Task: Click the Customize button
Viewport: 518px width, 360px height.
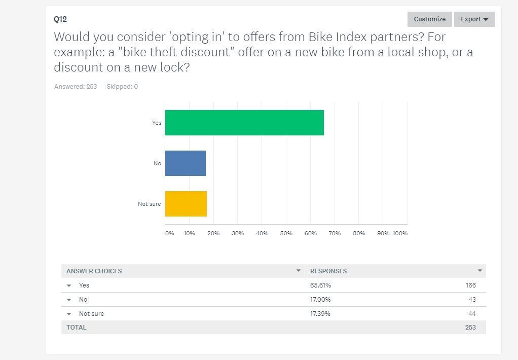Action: pyautogui.click(x=429, y=19)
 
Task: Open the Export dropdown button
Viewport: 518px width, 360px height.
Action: pyautogui.click(x=474, y=19)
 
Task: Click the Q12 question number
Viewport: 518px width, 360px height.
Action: pyautogui.click(x=60, y=19)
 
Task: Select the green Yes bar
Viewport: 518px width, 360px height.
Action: pyautogui.click(x=244, y=123)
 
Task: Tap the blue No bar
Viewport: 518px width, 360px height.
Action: pyautogui.click(x=186, y=163)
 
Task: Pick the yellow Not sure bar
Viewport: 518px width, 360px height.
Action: pyautogui.click(x=186, y=204)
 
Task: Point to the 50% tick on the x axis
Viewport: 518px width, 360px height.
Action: pyautogui.click(x=286, y=233)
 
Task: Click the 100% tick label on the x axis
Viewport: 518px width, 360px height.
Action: pyautogui.click(x=400, y=233)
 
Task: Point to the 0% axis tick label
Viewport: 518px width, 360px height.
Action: pyautogui.click(x=170, y=233)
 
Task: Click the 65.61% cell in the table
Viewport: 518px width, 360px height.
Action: pyautogui.click(x=320, y=285)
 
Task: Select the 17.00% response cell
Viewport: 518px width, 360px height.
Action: pyautogui.click(x=320, y=300)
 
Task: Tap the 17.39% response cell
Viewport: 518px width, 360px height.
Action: pyautogui.click(x=320, y=314)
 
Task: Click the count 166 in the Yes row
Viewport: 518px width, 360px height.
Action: pyautogui.click(x=470, y=285)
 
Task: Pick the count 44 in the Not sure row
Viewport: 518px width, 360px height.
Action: pyautogui.click(x=472, y=314)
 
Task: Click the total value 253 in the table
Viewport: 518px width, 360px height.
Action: pyautogui.click(x=470, y=328)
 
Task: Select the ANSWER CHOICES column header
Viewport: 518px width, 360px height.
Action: pyautogui.click(x=94, y=271)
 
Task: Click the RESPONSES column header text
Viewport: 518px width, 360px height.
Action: pyautogui.click(x=328, y=271)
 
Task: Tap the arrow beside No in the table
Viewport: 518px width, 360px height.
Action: pyautogui.click(x=69, y=300)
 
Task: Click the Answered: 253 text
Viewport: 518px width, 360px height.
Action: pyautogui.click(x=76, y=87)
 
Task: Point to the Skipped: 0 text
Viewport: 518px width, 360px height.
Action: pyautogui.click(x=122, y=87)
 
